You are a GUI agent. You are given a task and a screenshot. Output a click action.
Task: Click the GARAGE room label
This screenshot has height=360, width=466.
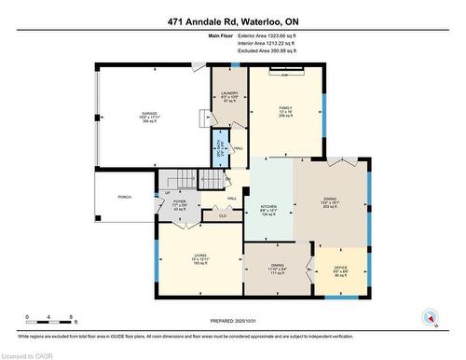(148, 112)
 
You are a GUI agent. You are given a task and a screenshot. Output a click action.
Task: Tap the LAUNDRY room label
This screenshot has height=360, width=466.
(228, 92)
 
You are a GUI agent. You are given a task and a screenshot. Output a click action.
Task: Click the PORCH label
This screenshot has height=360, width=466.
(124, 198)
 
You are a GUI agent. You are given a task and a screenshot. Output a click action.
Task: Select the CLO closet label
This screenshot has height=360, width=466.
(222, 216)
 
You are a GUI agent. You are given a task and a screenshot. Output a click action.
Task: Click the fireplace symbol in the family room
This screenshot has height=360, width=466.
(285, 69)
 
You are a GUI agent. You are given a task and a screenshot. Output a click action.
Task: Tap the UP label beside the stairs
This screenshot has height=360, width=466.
(167, 193)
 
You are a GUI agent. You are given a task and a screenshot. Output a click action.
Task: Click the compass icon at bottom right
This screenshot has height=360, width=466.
(429, 317)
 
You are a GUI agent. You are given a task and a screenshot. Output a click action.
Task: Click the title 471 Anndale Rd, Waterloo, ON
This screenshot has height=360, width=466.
(233, 21)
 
